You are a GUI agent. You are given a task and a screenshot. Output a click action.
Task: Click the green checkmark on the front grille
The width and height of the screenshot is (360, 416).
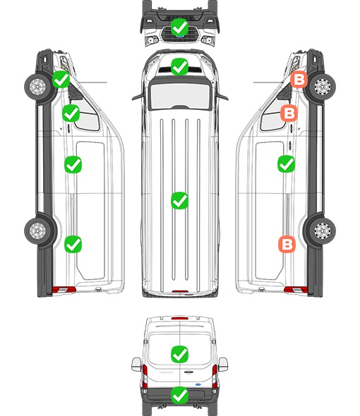pos(179,27)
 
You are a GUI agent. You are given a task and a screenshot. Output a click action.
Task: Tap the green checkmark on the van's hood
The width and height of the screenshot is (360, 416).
pos(179,66)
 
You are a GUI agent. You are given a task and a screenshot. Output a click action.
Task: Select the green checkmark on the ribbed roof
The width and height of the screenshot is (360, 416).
pos(179,200)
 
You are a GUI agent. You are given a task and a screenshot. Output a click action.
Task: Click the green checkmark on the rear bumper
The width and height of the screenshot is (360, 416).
pos(179,396)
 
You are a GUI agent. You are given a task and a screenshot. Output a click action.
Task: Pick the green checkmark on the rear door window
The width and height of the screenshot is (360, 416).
pos(179,354)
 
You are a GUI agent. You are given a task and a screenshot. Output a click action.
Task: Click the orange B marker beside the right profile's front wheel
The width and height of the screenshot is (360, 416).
pos(299,80)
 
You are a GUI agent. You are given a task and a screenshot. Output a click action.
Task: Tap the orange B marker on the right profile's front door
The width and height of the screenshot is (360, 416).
pos(289,113)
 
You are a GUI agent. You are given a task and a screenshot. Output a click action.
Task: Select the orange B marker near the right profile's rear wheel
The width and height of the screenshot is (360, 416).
pos(287,244)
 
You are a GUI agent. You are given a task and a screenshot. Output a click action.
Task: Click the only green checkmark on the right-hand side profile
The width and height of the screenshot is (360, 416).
pos(286,164)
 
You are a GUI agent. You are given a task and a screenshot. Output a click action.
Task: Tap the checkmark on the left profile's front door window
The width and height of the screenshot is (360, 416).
pos(71,113)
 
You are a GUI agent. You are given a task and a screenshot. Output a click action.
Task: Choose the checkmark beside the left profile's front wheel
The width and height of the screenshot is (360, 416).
pos(61,80)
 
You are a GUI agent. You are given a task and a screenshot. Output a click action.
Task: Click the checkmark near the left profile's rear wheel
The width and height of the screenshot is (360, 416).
pos(73,244)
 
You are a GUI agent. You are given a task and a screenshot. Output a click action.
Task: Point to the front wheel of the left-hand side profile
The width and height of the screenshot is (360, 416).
pos(37,87)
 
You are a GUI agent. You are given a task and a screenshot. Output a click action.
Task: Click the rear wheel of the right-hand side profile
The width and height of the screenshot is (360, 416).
pos(323,231)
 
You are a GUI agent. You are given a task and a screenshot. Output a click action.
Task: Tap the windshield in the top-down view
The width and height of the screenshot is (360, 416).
pos(180,95)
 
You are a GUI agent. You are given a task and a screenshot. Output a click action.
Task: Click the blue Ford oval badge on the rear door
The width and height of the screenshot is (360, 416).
pos(198,384)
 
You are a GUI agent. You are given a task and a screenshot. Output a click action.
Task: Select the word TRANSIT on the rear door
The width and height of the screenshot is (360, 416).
pos(166,372)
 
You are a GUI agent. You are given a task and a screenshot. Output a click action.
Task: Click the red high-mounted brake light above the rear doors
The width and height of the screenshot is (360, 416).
pos(180,318)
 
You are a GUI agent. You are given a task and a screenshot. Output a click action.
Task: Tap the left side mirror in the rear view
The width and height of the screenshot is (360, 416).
pos(136,365)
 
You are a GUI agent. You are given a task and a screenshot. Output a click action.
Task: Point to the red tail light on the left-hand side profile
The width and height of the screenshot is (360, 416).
pos(64,290)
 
